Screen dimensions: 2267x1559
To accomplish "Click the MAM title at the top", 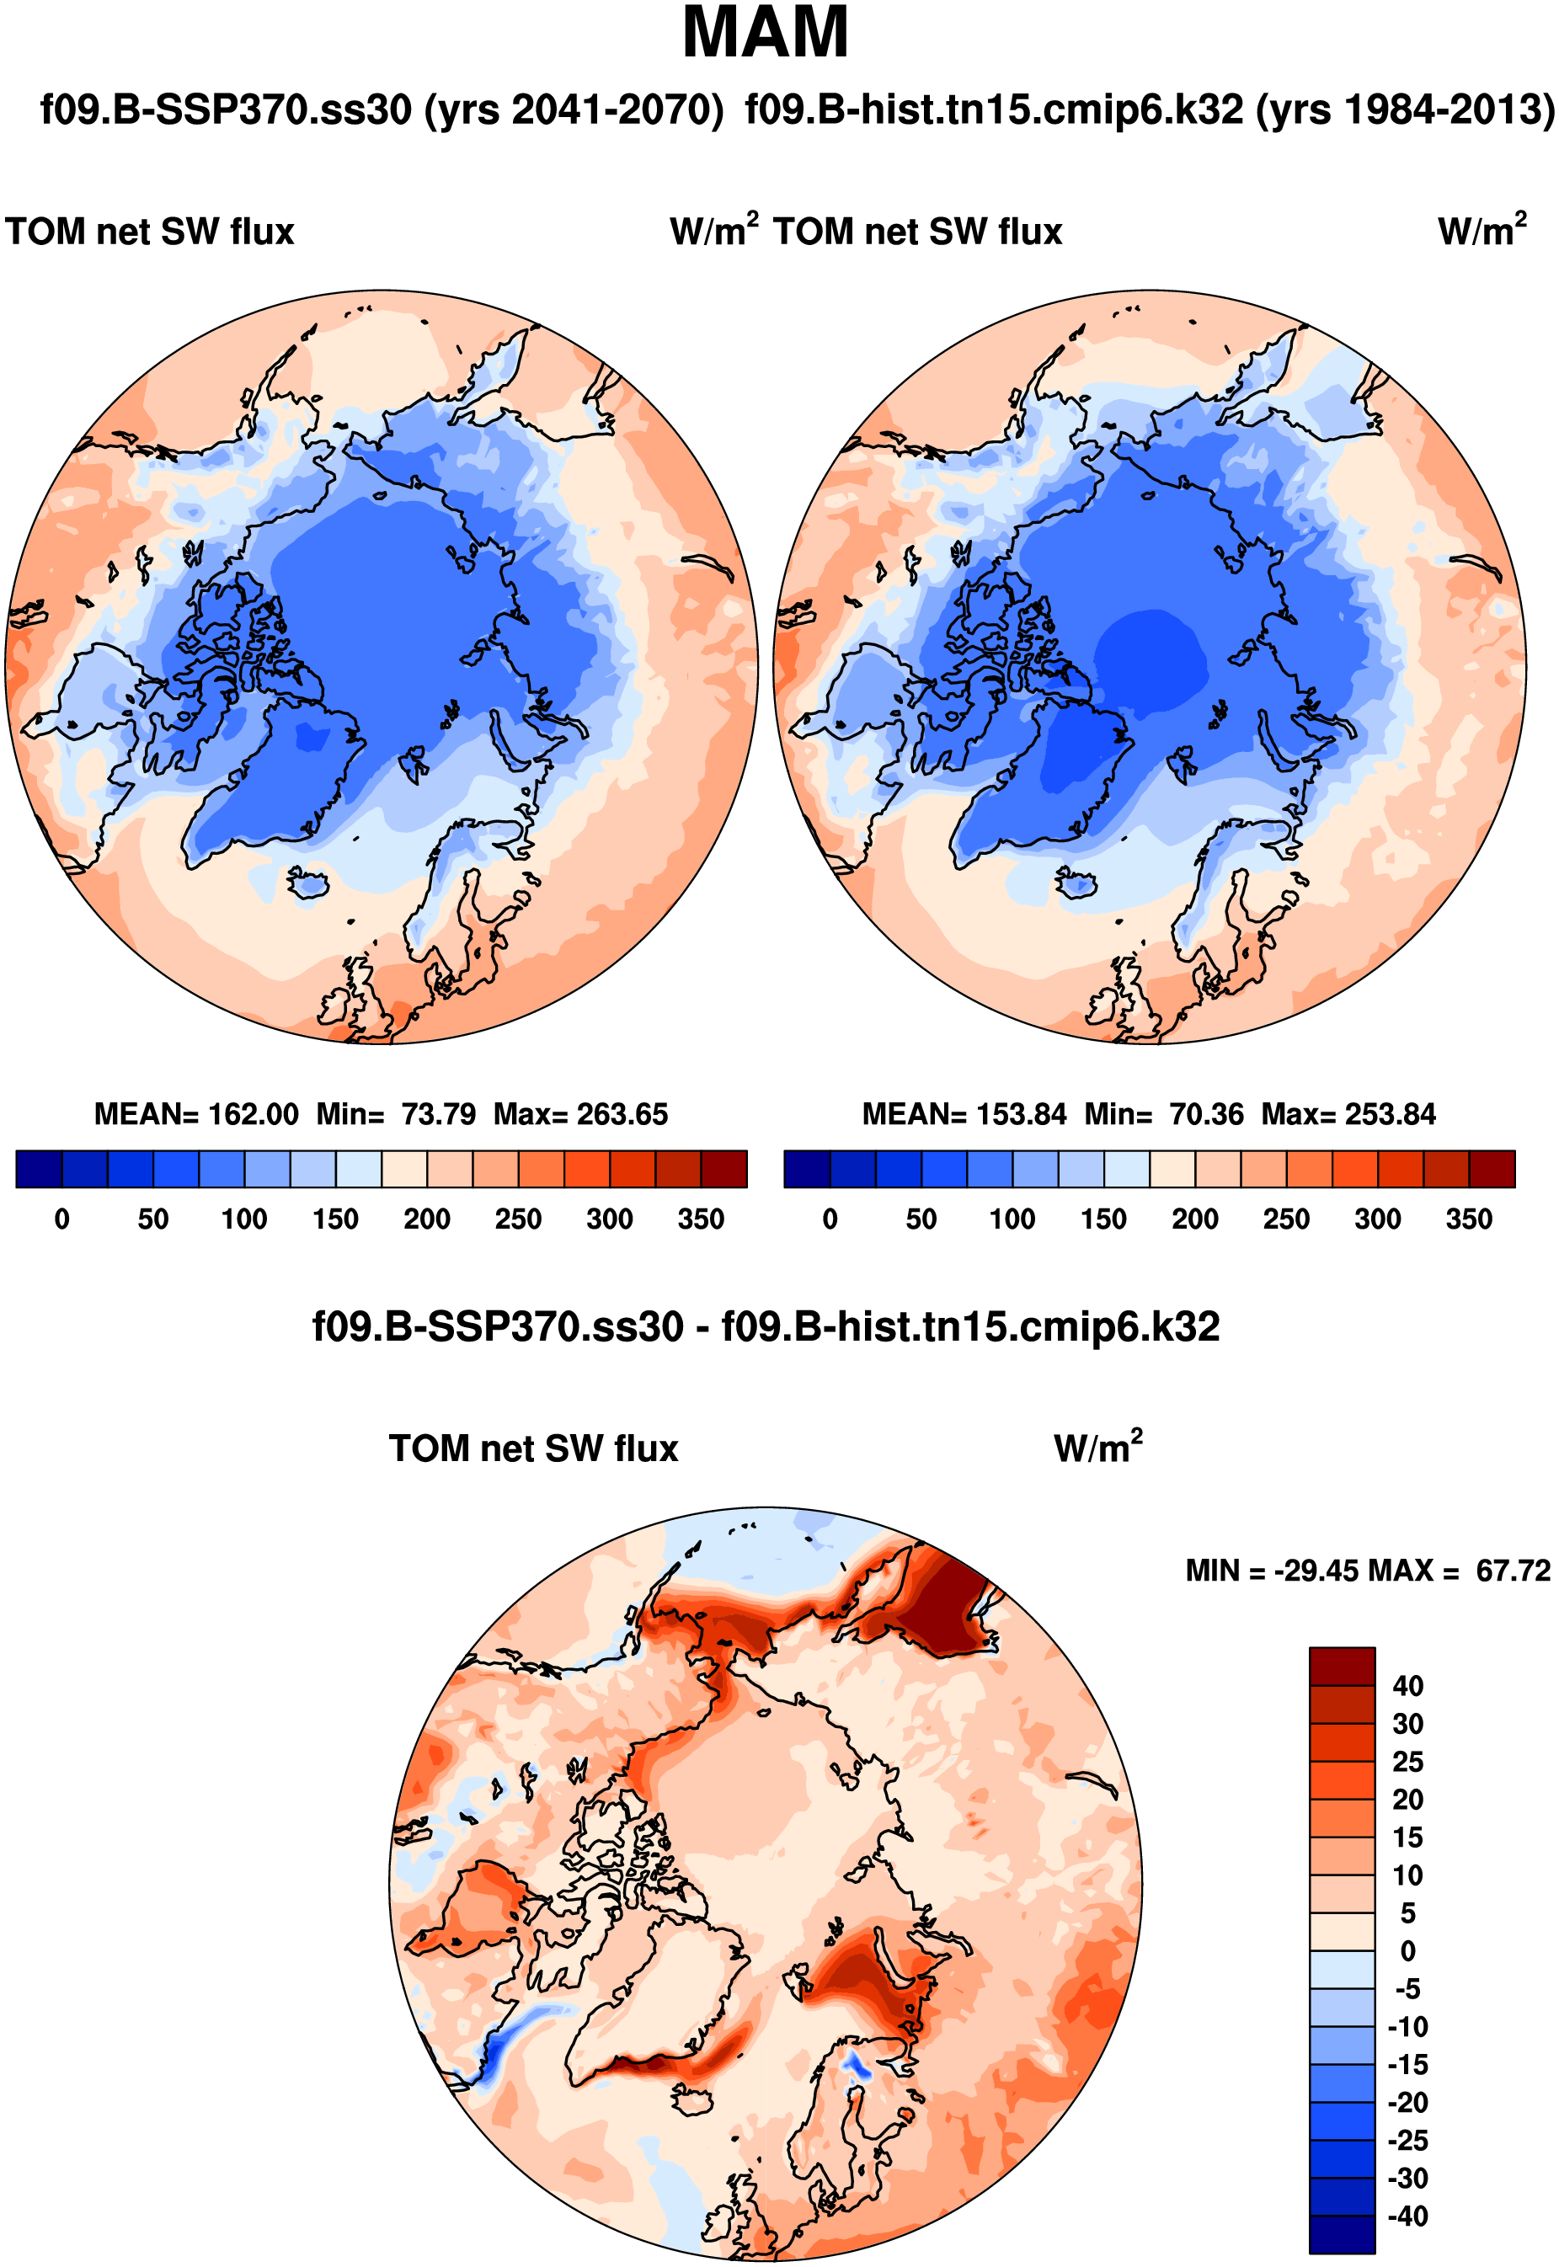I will click(x=765, y=33).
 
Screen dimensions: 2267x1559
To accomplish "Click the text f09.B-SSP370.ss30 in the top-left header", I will click(x=226, y=109).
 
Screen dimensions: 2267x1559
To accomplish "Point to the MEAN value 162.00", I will click(x=253, y=1114).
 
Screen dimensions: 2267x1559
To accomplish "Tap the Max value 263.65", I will click(x=622, y=1114).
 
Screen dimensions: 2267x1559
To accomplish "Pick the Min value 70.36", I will click(x=1206, y=1114).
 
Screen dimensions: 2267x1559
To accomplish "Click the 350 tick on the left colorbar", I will click(x=701, y=1219).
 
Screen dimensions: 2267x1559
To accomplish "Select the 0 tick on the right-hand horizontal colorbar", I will click(x=830, y=1219).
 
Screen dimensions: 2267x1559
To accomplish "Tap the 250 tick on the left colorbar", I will click(x=518, y=1219).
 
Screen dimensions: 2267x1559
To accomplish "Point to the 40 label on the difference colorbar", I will click(x=1407, y=1686).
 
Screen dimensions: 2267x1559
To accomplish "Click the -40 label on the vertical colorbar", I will click(x=1407, y=2216).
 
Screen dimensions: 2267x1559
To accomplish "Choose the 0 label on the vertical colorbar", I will click(x=1407, y=1950).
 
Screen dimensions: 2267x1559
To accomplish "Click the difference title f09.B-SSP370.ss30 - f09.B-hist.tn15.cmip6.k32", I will click(x=766, y=1327).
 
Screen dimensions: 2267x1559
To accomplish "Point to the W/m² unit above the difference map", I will click(x=1098, y=1448).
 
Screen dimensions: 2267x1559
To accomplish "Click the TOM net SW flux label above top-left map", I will click(x=149, y=232).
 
